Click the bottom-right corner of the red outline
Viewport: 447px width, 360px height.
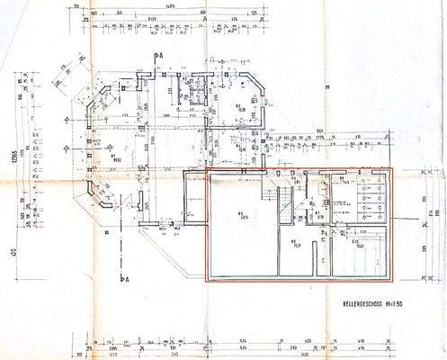[x=393, y=282]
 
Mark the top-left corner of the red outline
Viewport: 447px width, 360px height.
[x=207, y=168]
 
